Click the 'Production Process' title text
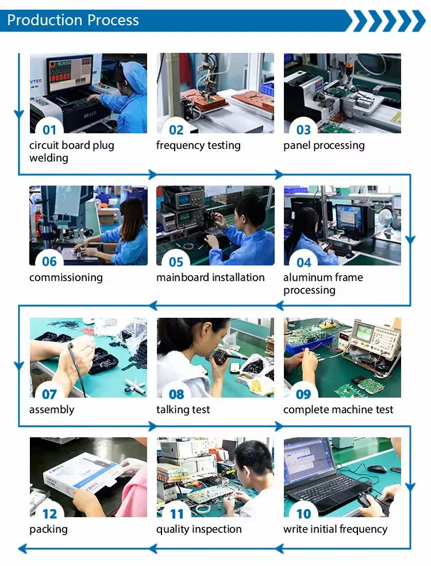click(x=73, y=20)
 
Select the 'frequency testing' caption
click(x=198, y=145)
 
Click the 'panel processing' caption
click(x=324, y=145)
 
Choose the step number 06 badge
click(x=49, y=261)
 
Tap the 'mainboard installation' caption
click(x=210, y=277)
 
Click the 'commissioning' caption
click(x=66, y=278)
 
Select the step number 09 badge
click(x=303, y=394)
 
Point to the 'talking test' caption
click(x=183, y=410)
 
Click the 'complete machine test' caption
click(x=338, y=410)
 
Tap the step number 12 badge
click(x=50, y=514)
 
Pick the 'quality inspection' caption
click(x=199, y=529)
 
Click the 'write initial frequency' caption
click(x=336, y=529)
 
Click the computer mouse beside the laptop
click(x=377, y=468)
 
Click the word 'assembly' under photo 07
click(x=52, y=410)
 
